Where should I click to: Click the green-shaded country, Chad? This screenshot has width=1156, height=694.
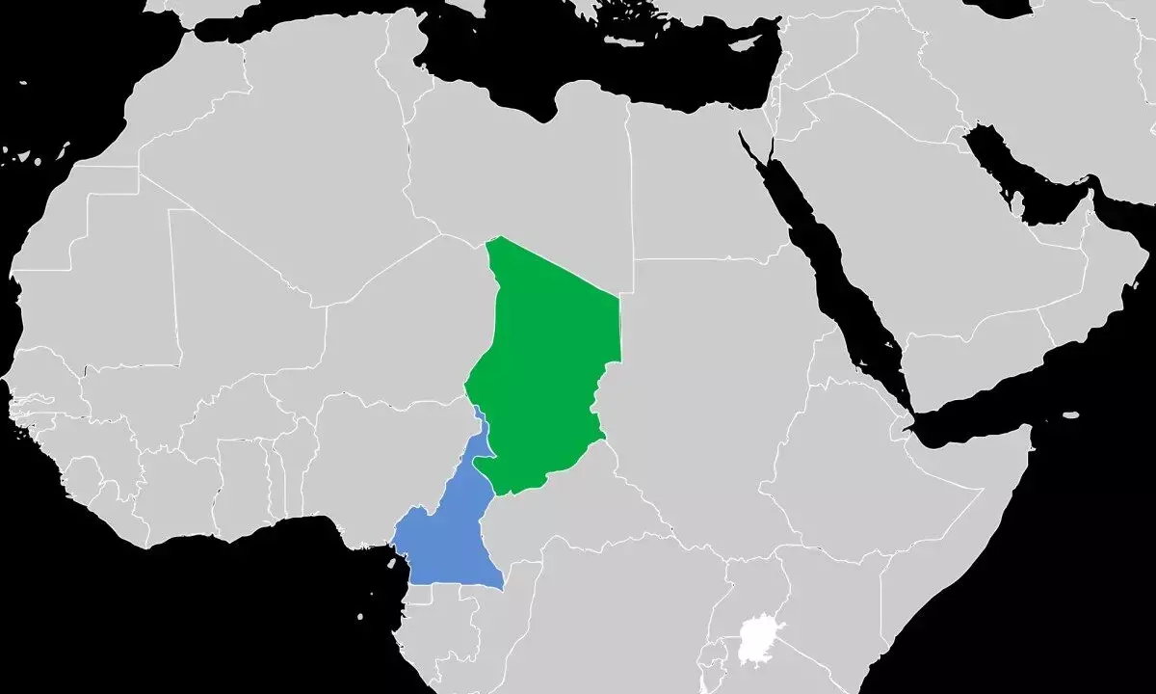[549, 366]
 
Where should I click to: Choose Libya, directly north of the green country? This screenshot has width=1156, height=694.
[520, 164]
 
